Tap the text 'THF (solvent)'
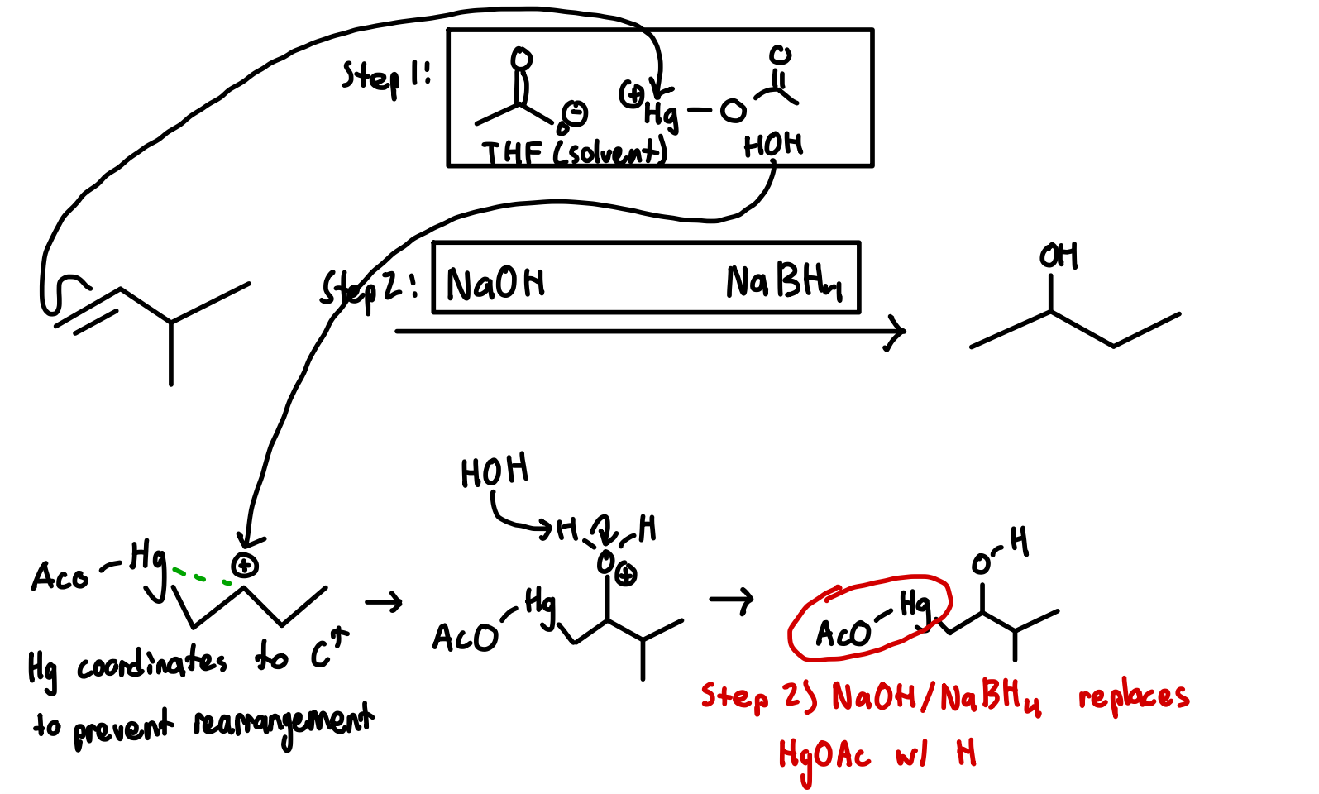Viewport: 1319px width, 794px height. [x=574, y=152]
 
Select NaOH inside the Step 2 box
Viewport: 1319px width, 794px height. [x=495, y=284]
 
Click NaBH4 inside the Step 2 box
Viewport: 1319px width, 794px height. [x=783, y=282]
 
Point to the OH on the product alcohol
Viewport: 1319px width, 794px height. [x=1059, y=256]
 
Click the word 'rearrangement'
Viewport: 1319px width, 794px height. [x=283, y=724]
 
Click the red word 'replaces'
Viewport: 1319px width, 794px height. [x=1134, y=697]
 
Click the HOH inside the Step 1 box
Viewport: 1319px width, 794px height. [x=772, y=146]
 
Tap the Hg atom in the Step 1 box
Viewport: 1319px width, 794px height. [x=661, y=113]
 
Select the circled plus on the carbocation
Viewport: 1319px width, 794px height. [x=245, y=566]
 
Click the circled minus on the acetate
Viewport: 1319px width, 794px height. [x=576, y=113]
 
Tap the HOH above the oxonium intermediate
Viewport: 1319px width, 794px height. [x=495, y=471]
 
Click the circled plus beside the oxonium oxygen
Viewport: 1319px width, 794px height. [x=626, y=576]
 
